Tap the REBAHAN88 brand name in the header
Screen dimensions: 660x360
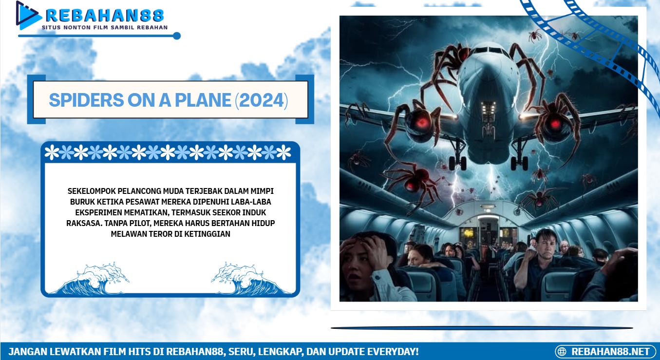[x=105, y=15]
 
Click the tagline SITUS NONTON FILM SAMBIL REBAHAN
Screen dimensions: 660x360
[x=105, y=27]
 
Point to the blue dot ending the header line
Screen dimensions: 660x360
[x=176, y=36]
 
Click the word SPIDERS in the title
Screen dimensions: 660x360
[x=87, y=100]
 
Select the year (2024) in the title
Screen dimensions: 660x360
[x=262, y=100]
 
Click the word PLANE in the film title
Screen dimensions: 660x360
[x=203, y=100]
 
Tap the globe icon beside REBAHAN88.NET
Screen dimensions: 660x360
[x=562, y=351]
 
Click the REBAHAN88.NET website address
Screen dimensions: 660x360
[x=610, y=351]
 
